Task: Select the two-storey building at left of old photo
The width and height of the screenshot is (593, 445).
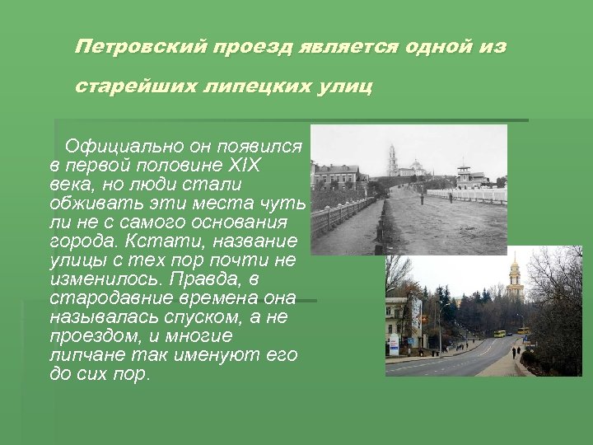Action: (x=338, y=176)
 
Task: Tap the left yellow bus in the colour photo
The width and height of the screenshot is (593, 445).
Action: (x=499, y=334)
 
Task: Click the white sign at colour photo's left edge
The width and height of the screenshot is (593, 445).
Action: (x=394, y=344)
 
